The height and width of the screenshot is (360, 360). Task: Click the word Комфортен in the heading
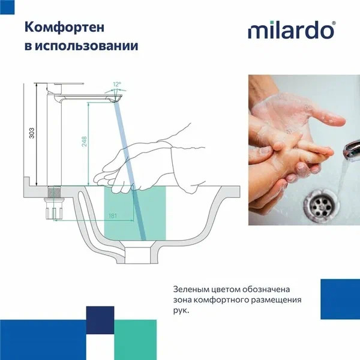coord(58,27)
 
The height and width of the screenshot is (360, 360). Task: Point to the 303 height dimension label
coord(31,134)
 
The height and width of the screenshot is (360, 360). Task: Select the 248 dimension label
coord(85,142)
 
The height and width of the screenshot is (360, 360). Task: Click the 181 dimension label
coord(113,215)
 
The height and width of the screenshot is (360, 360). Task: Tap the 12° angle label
coord(116,84)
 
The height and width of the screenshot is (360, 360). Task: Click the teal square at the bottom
coord(135,340)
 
